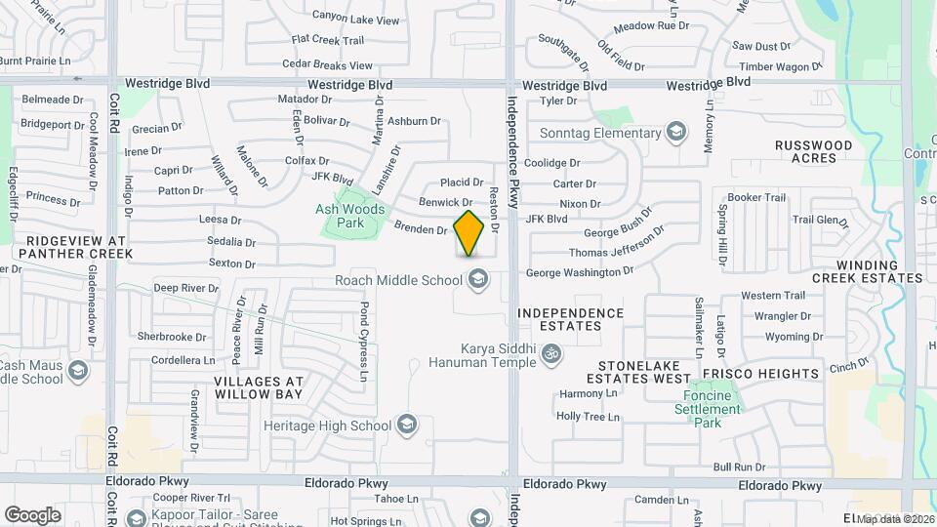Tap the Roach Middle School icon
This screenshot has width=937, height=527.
(x=478, y=281)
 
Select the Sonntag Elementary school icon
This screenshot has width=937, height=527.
(x=675, y=133)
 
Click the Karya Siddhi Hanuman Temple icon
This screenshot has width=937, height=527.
(x=550, y=352)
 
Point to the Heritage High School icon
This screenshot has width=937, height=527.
(x=406, y=426)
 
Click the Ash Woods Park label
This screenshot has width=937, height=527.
(x=350, y=216)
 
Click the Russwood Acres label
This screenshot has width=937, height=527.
(x=813, y=151)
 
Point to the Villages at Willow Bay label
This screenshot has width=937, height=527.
(x=258, y=387)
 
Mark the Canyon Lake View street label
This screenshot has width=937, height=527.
(x=355, y=19)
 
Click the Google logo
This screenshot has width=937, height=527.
(x=32, y=515)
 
